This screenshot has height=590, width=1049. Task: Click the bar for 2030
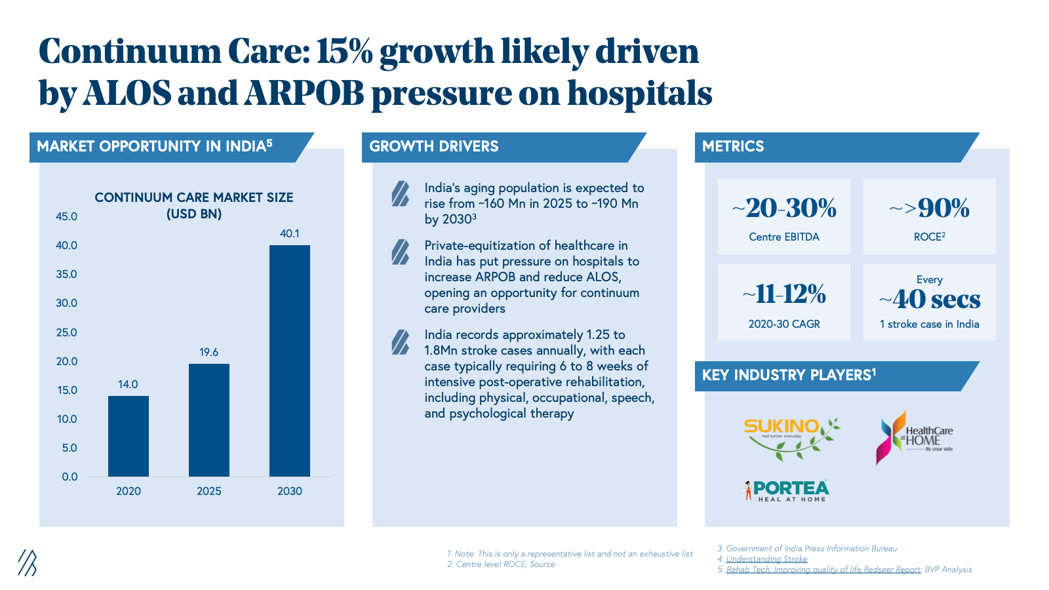point(289,361)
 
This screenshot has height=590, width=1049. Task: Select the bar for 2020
point(128,436)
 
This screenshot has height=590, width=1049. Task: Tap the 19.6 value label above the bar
point(208,352)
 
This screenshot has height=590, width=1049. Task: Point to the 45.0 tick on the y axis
point(66,216)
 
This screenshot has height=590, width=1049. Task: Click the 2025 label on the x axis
point(208,491)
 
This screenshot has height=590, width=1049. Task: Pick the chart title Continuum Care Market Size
point(193,205)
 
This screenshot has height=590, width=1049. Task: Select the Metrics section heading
point(733,146)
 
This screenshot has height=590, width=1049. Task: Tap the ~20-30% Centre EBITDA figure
point(784,208)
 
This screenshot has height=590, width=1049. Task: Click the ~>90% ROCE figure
point(930,208)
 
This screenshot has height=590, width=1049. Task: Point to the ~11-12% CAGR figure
point(784,294)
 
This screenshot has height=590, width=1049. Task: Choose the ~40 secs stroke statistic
point(930,300)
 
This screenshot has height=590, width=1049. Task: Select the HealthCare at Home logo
point(914,437)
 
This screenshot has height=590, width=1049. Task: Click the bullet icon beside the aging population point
point(400,194)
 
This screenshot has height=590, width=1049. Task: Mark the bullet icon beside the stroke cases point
point(400,342)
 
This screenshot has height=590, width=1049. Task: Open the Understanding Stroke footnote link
point(766,559)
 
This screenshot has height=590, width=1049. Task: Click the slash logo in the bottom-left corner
point(27,562)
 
